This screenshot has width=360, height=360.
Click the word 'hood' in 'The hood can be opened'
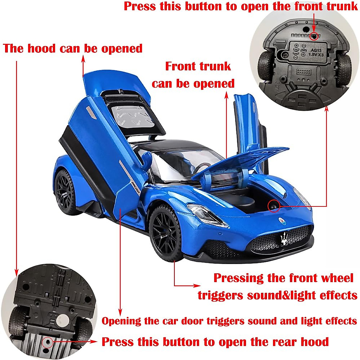point(41,48)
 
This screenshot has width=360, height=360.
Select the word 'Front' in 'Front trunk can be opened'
point(181,66)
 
